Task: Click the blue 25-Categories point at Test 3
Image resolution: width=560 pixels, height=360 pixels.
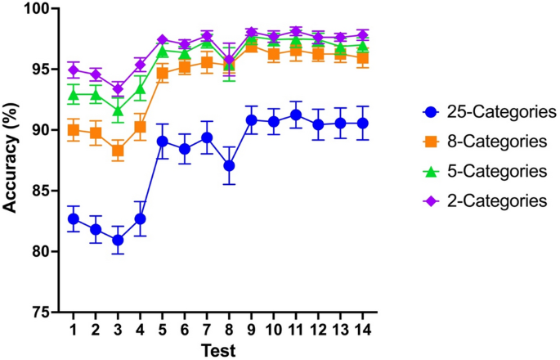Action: pos(119,240)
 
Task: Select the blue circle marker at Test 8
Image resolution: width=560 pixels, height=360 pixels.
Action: pos(230,165)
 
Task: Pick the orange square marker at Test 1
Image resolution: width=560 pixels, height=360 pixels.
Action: pos(74,130)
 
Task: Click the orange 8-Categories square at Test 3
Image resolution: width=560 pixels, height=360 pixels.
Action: pos(119,151)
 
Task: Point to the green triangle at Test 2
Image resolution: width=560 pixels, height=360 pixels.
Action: pos(96,95)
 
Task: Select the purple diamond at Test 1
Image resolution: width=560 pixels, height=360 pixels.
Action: pos(74,70)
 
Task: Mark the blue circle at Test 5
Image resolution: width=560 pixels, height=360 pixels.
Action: pos(163,141)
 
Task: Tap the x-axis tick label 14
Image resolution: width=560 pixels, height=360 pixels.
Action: pos(362,328)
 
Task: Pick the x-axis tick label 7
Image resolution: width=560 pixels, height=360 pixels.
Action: pos(207,328)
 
